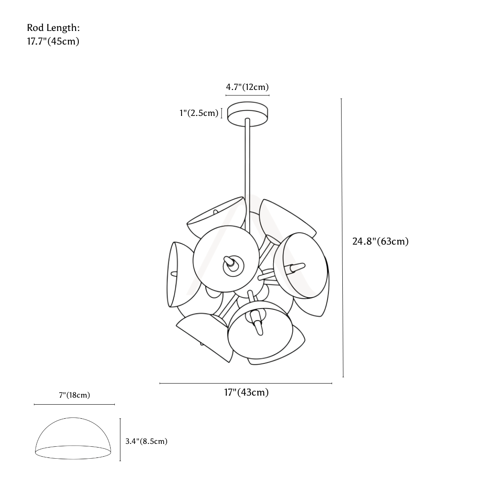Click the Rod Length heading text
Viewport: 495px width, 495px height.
54,28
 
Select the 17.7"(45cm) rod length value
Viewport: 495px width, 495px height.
53,41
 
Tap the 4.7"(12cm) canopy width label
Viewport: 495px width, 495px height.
247,87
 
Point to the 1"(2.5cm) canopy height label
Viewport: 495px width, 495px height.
199,113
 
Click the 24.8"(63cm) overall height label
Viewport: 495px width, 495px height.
380,241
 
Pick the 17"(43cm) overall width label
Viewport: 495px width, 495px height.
246,392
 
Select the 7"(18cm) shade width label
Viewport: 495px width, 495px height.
75,395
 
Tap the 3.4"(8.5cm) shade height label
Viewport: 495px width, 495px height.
146,441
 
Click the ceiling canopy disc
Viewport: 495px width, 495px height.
247,114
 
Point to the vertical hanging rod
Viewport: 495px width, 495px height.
247,174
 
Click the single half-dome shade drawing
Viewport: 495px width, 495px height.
73,438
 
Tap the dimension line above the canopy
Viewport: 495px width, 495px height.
247,95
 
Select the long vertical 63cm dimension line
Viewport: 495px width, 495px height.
342,238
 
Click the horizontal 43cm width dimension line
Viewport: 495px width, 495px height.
246,383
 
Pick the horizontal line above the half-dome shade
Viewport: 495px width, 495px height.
74,404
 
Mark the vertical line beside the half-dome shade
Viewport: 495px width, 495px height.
120,439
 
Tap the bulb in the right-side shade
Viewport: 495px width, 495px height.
296,268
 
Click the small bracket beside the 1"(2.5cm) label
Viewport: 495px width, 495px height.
222,113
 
